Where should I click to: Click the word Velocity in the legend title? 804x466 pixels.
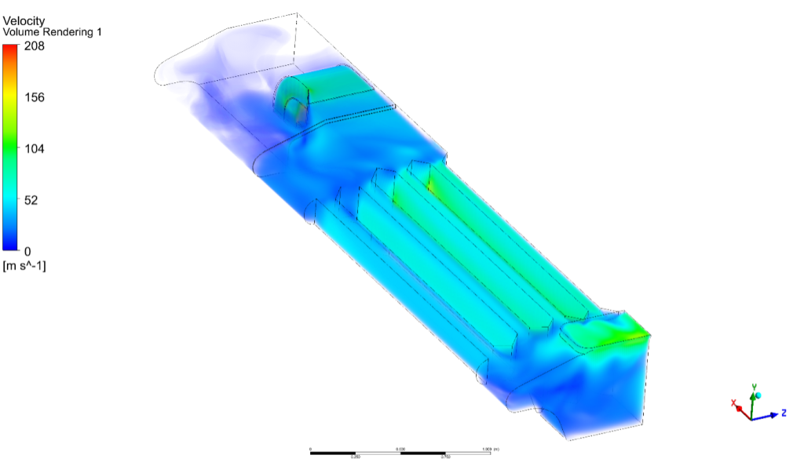(24, 20)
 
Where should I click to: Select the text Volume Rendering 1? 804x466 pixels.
(53, 32)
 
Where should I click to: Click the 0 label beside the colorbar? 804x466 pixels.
(28, 251)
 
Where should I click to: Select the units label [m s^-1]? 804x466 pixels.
(25, 267)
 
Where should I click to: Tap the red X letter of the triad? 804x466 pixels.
(734, 403)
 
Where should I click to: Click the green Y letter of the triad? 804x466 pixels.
(754, 387)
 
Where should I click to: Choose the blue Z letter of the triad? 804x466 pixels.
(784, 413)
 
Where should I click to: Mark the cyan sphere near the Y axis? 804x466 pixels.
(758, 395)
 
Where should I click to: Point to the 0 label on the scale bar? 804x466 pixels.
(312, 449)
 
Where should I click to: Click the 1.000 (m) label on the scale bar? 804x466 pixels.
(491, 449)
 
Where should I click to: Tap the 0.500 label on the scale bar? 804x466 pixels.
(400, 449)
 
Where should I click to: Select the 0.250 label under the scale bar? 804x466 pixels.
(356, 457)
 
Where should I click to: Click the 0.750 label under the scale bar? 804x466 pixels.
(445, 457)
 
